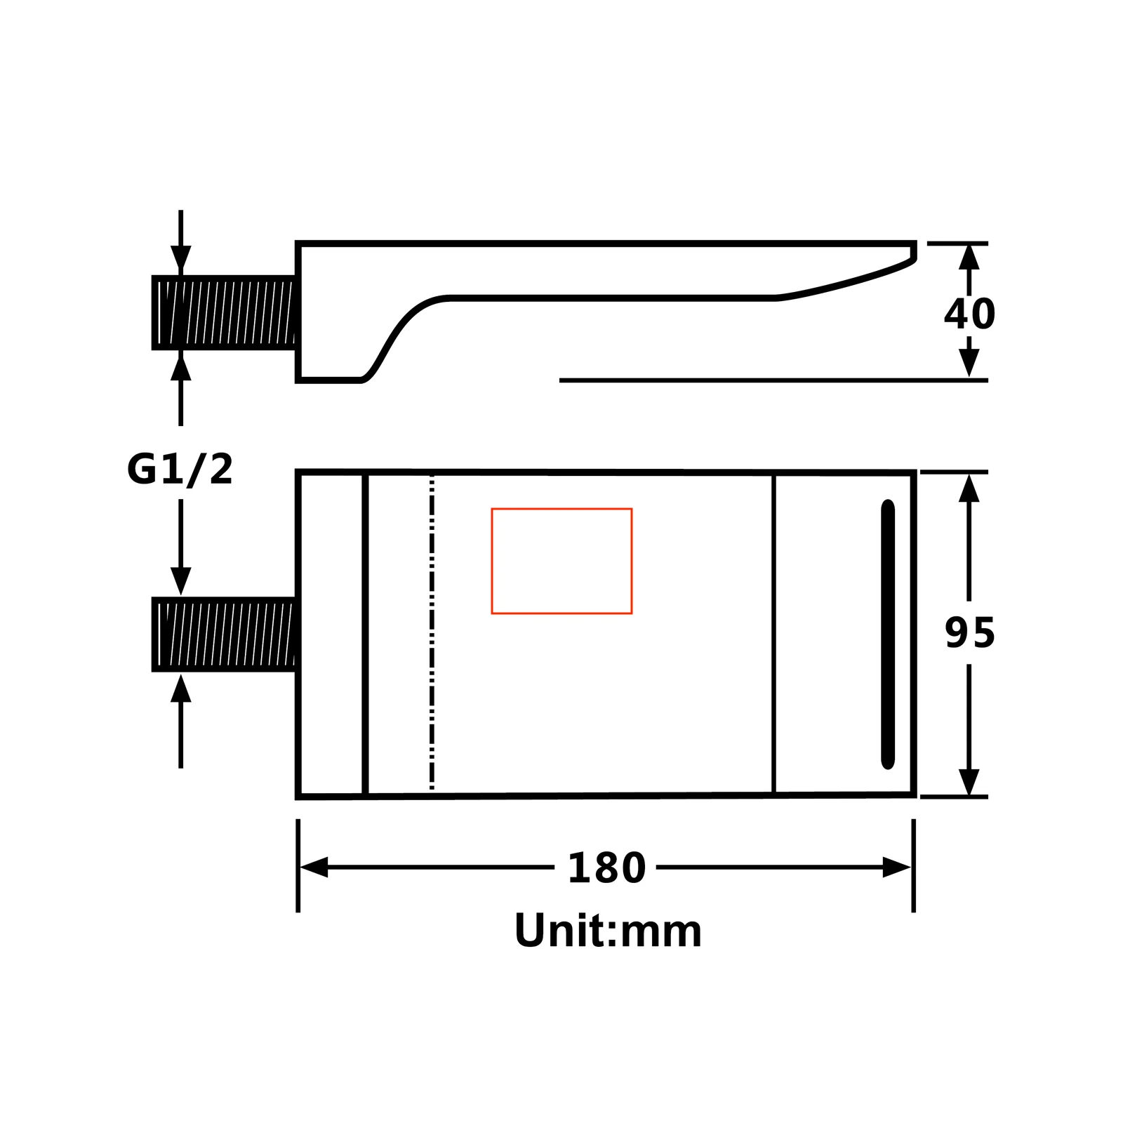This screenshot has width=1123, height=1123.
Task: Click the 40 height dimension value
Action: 969,314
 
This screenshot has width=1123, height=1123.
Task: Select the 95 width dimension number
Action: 970,632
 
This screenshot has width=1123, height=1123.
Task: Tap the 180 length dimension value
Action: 606,868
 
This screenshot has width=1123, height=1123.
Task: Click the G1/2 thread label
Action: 180,469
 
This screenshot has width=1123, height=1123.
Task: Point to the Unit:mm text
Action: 608,931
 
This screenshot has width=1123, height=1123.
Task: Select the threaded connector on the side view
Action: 225,312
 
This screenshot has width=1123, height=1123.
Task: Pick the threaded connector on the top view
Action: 225,634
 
